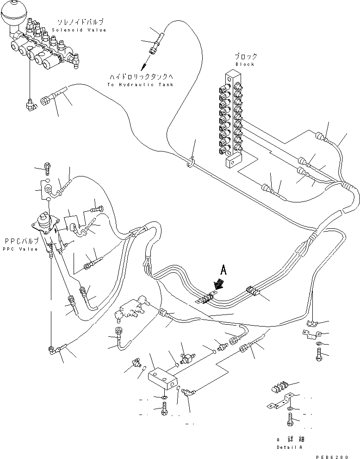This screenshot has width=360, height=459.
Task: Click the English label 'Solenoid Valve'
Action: pyautogui.click(x=79, y=30)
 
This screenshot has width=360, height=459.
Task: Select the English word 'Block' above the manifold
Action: pyautogui.click(x=245, y=64)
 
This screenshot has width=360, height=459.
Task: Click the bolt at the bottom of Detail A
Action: pyautogui.click(x=290, y=421)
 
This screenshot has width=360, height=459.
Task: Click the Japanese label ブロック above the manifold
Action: pyautogui.click(x=245, y=57)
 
